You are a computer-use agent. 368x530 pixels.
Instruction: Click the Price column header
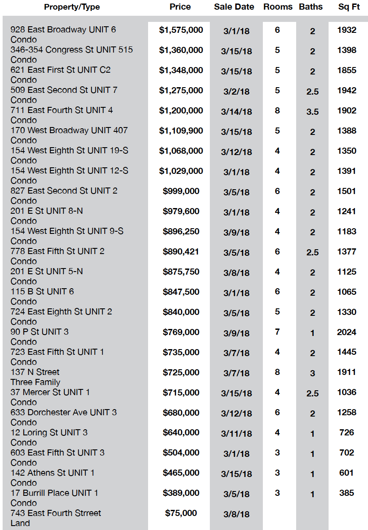(x=180, y=7)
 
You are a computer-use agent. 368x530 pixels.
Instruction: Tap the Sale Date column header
(x=234, y=7)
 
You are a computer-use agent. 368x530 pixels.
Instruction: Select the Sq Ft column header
(x=349, y=7)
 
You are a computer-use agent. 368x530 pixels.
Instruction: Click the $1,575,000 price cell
(x=181, y=30)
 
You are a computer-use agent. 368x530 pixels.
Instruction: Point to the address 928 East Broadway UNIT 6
(x=63, y=30)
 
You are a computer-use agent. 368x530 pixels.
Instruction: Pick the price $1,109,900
(x=181, y=131)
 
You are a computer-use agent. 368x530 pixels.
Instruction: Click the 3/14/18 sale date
(x=237, y=112)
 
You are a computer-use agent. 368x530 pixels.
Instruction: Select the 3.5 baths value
(x=312, y=112)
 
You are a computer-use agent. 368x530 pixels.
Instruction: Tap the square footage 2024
(x=347, y=332)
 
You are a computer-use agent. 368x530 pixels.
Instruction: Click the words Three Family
(x=35, y=382)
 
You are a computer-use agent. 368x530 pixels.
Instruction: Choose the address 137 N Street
(x=35, y=372)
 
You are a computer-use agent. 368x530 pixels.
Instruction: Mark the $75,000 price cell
(x=181, y=513)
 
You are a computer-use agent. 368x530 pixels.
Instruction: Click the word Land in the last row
(x=20, y=523)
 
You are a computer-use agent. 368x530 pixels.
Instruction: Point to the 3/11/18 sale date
(x=237, y=434)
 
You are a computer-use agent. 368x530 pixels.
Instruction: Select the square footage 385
(x=347, y=493)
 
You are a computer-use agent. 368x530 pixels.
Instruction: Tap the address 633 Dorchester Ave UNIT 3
(x=64, y=413)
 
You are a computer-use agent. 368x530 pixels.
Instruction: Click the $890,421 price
(x=181, y=252)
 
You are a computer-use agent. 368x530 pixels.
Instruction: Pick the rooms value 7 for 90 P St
(x=277, y=332)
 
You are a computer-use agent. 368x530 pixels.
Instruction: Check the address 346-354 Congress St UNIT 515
(x=71, y=49)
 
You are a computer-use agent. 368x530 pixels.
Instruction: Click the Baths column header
(x=311, y=7)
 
